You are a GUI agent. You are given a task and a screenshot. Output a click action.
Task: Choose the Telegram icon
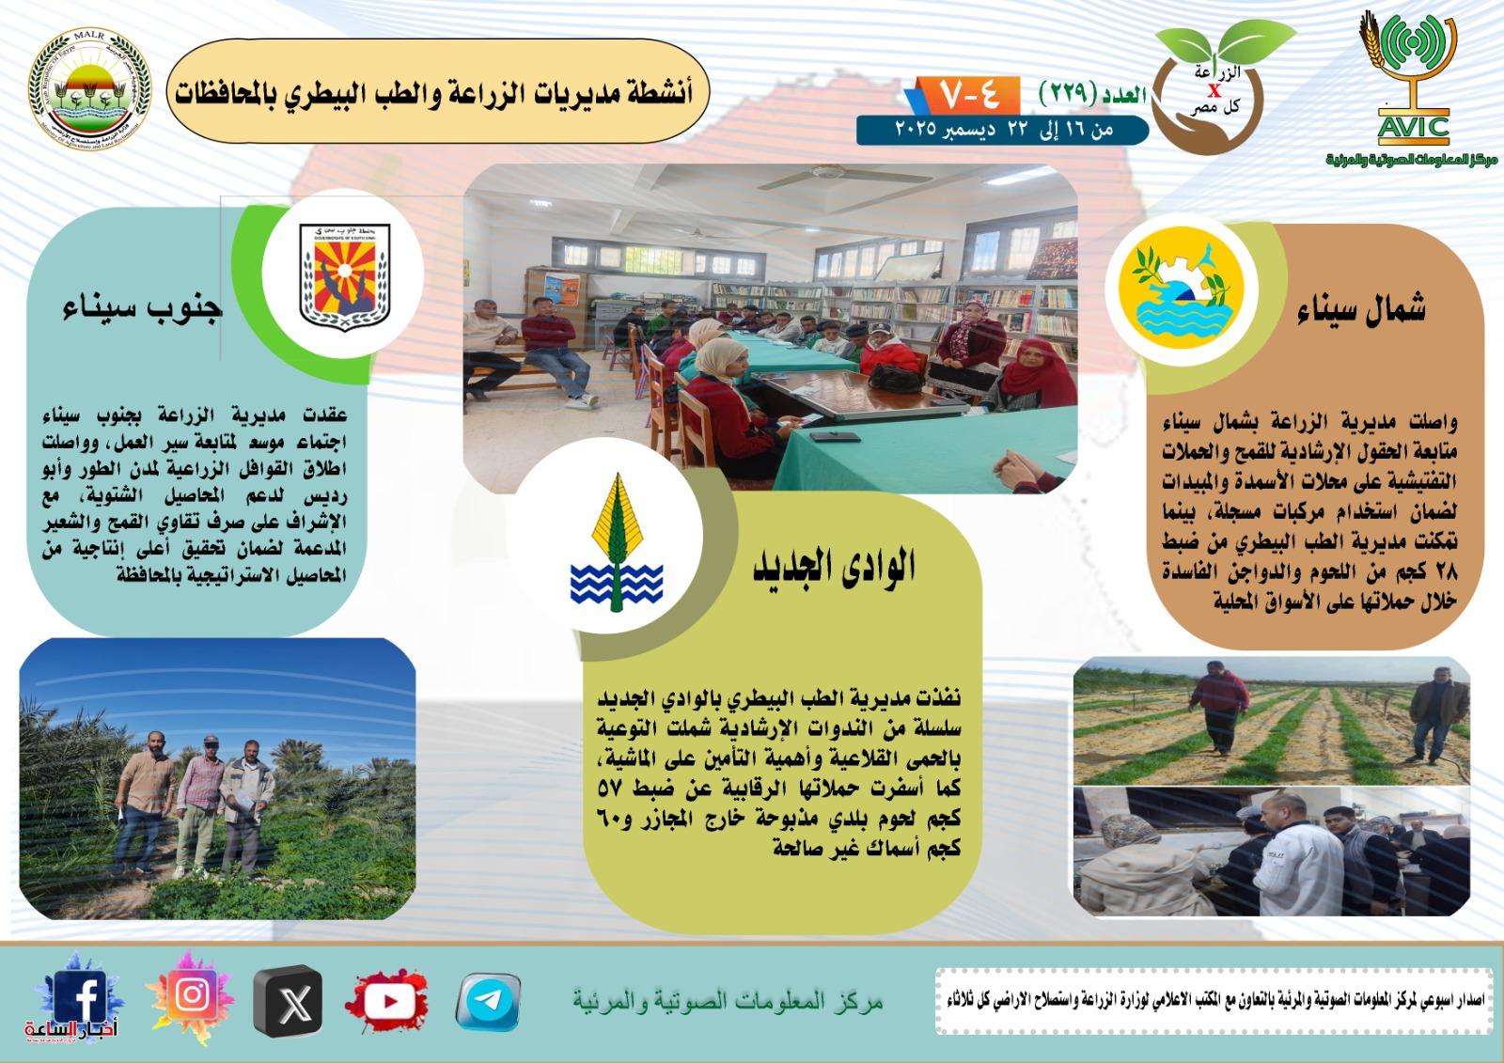coord(489,1002)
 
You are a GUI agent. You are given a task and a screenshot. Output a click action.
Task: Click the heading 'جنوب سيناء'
coord(141,309)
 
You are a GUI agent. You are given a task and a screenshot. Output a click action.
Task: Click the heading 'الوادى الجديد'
coord(833,568)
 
